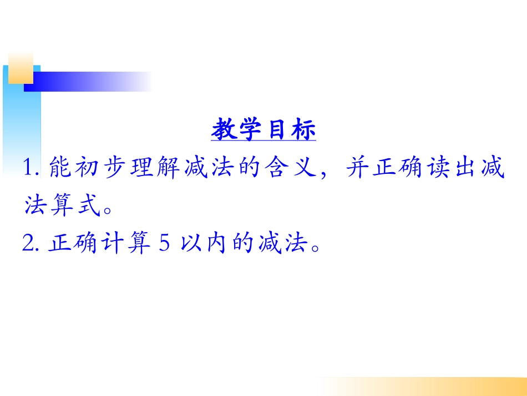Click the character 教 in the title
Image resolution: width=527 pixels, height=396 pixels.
click(x=224, y=131)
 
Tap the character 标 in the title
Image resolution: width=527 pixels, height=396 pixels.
click(x=303, y=131)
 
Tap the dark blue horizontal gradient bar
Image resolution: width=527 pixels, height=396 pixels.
click(x=83, y=82)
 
